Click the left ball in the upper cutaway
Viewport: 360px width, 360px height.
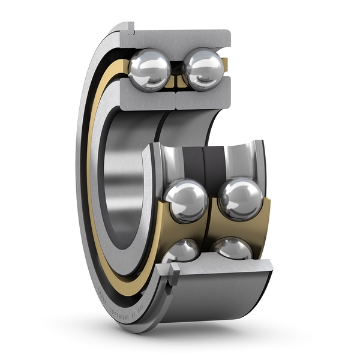point(149,70)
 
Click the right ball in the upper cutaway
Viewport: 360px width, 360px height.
point(202,69)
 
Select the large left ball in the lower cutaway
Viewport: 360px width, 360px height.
point(185,202)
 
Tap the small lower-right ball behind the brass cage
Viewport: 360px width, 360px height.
point(232,248)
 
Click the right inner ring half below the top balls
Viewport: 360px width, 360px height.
point(201,97)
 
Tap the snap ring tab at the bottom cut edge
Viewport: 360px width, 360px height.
point(173,277)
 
